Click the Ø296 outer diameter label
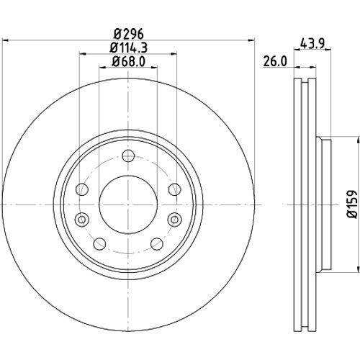pos(128,34)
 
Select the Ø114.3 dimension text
pos(128,48)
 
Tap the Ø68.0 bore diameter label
pos(128,62)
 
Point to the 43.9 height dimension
pos(312,44)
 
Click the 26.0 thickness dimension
pos(275,61)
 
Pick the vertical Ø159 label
pos(353,204)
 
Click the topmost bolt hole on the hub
pos(128,156)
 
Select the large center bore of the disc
pos(128,204)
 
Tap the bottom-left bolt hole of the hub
pos(99,244)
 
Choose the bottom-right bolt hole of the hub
pos(157,244)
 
